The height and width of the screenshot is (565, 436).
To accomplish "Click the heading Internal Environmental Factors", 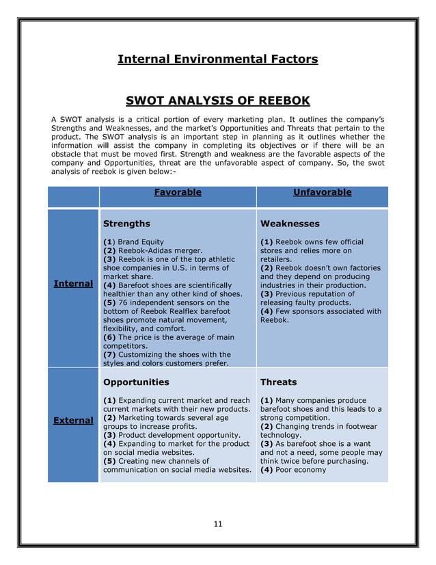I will (x=217, y=60).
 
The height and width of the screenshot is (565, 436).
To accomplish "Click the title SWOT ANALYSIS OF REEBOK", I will (x=217, y=102).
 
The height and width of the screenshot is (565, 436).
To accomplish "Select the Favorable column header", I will (x=178, y=193).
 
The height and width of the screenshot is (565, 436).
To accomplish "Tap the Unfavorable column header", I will (x=322, y=193).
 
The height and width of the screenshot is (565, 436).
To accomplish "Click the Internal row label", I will (x=74, y=283).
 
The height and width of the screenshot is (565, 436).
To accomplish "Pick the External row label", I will (x=74, y=420).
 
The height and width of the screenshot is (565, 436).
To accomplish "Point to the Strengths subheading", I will (x=126, y=224).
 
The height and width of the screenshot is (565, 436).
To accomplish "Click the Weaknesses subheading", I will (x=290, y=224).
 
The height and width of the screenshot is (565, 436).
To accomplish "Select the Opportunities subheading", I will (x=135, y=382).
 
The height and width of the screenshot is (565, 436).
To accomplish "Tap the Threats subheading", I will (x=280, y=382).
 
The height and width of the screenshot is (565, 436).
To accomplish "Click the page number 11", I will (x=218, y=524).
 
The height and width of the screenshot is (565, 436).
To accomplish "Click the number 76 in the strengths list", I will (x=124, y=302).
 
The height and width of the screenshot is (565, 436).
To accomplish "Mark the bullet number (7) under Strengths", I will (x=109, y=354).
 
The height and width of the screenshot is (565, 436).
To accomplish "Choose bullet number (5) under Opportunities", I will (x=109, y=460).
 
